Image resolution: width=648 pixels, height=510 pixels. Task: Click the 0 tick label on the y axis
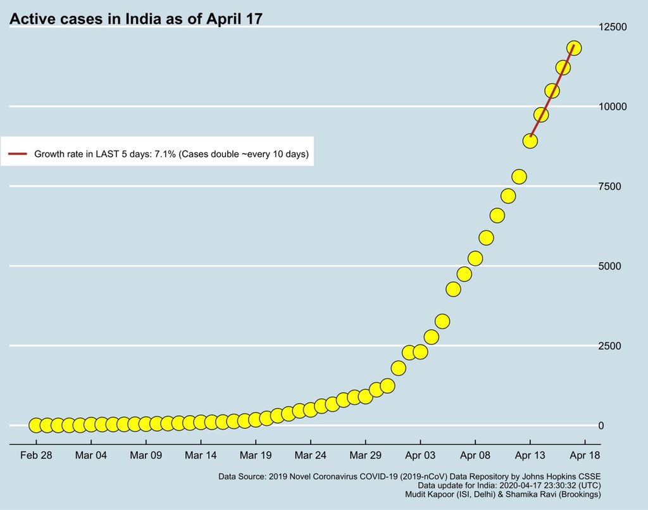pyautogui.click(x=601, y=425)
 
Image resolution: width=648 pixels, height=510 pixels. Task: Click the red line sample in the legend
pyautogui.click(x=17, y=154)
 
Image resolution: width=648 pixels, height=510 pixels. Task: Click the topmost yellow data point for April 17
pyautogui.click(x=574, y=47)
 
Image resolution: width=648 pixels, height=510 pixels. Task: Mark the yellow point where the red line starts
pyautogui.click(x=530, y=140)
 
